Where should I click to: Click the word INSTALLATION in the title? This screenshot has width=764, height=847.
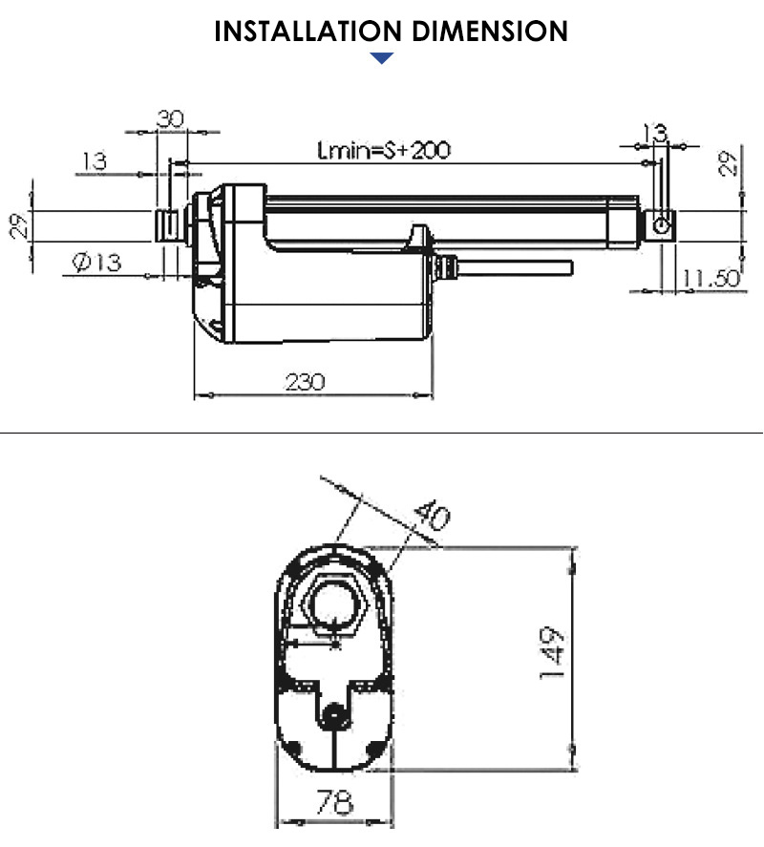click(298, 31)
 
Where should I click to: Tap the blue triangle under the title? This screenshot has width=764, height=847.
click(382, 59)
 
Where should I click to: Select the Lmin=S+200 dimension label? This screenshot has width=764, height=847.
click(383, 150)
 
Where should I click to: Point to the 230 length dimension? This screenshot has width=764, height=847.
click(306, 382)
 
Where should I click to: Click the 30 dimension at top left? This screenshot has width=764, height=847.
click(170, 118)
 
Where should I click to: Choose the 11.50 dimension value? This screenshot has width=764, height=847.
click(711, 278)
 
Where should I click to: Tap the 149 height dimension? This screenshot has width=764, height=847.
click(553, 653)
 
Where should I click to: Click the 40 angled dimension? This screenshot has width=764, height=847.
click(432, 517)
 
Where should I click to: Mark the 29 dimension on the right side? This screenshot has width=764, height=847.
click(730, 163)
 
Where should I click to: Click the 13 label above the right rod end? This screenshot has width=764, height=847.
click(654, 133)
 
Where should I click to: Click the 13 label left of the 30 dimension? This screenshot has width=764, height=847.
click(95, 161)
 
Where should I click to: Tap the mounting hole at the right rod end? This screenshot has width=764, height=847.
click(660, 224)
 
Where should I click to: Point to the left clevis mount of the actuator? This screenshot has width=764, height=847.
click(168, 226)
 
